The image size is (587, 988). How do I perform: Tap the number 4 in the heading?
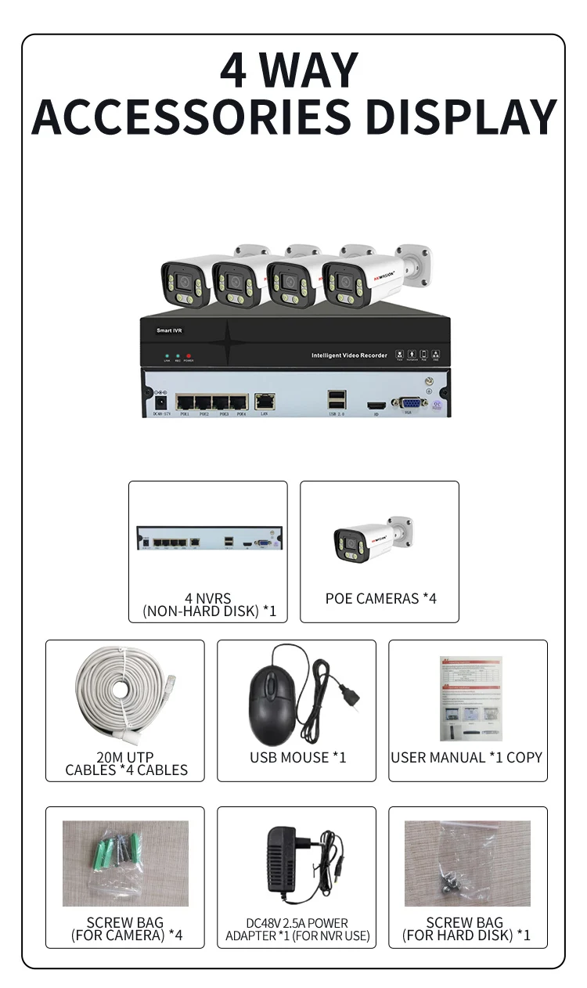coord(236,70)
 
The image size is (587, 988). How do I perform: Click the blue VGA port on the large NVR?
coord(409,402)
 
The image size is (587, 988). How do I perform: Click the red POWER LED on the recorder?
coord(189,356)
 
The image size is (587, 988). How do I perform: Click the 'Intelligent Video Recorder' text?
coord(349,355)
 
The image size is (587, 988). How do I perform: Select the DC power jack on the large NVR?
coord(162,401)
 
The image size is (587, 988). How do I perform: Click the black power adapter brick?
coord(287,861)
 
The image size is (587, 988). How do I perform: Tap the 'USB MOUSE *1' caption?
coord(297,757)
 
